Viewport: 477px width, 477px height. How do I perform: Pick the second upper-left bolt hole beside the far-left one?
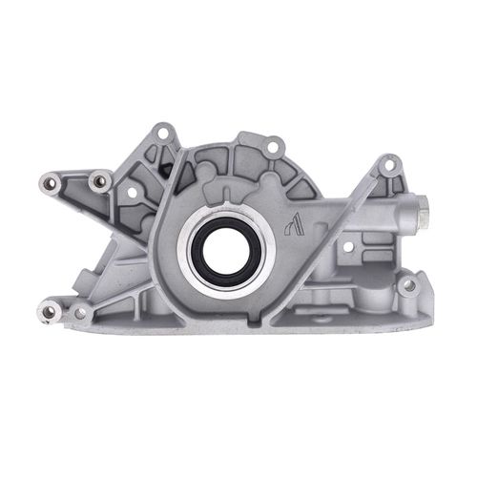click(x=97, y=177)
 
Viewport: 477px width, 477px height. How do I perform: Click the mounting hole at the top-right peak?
click(x=386, y=165)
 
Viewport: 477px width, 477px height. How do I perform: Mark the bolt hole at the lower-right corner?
click(x=409, y=284)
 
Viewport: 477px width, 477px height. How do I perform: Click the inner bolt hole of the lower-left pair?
click(x=79, y=311)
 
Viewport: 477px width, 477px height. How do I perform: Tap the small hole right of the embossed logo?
click(x=347, y=246)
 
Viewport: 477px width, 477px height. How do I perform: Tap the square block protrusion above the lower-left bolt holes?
click(x=92, y=282)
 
